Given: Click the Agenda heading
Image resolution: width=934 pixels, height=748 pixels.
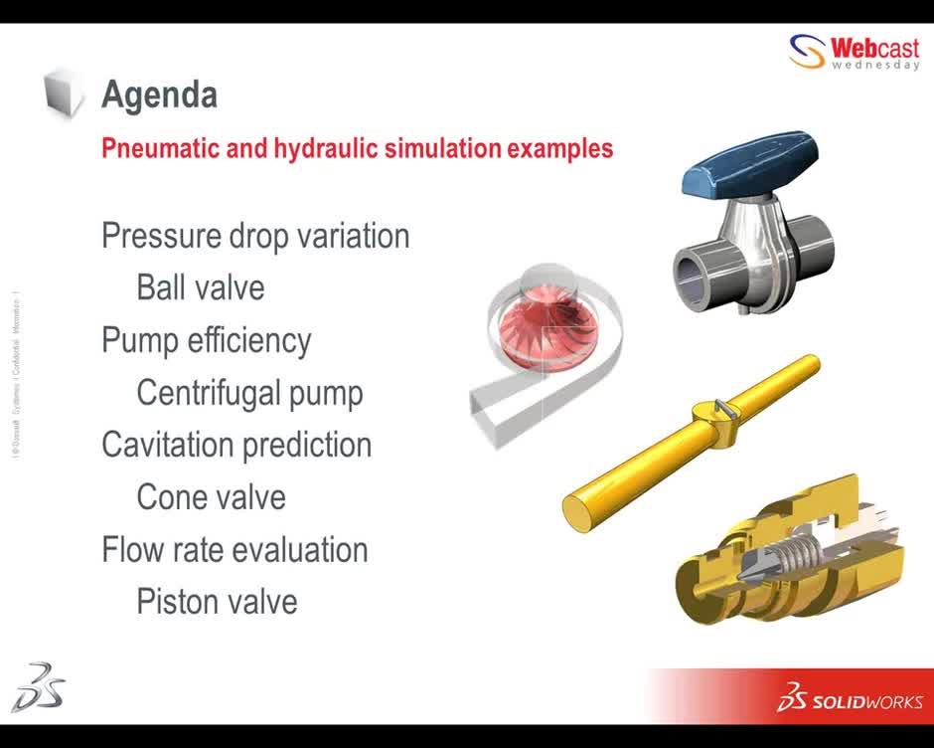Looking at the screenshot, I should (159, 95).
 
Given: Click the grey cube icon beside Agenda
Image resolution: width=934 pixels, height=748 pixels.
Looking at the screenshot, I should (66, 93).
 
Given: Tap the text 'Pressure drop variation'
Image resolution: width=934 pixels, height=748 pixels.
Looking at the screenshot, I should (255, 237).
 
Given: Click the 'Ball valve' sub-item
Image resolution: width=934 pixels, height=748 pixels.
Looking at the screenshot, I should (201, 288).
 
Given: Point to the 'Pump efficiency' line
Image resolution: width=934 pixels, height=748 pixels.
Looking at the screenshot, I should (207, 340).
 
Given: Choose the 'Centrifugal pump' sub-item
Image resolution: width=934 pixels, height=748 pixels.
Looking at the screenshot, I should (249, 393).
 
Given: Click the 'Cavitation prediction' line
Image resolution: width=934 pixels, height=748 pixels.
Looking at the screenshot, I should (236, 445).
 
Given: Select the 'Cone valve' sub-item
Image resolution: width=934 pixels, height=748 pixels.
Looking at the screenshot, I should (211, 497).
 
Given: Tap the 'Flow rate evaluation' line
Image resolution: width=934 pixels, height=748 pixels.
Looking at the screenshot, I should (234, 550).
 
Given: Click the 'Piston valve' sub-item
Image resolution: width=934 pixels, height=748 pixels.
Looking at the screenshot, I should (217, 602).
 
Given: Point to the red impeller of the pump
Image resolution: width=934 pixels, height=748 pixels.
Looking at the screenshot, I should (532, 327).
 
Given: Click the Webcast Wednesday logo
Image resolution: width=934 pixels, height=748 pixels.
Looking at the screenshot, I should (855, 52).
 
